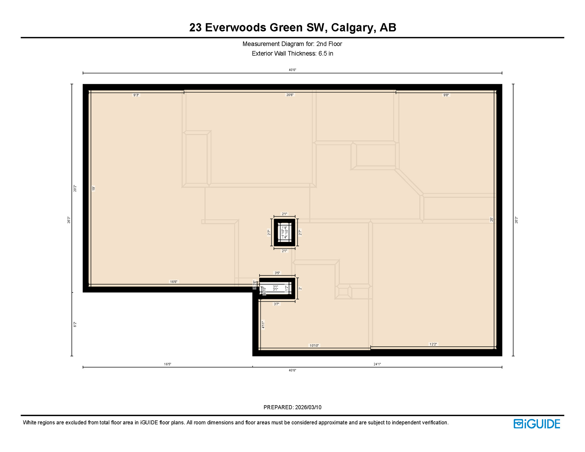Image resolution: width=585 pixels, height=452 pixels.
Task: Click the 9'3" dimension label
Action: pos(136,95)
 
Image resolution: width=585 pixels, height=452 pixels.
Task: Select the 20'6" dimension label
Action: pos(290,95)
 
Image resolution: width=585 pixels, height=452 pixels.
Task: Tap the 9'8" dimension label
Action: pos(446,95)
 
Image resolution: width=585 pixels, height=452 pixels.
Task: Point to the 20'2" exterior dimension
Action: pos(75,188)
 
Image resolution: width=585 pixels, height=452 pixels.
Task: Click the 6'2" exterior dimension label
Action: pos(75,324)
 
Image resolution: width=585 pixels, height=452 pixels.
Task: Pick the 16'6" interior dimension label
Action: pos(174,282)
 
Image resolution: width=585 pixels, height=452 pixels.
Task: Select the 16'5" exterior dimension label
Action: pos(167,364)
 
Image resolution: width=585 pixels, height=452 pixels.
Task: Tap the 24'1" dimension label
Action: pos(377,364)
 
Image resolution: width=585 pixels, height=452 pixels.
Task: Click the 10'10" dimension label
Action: pos(314,345)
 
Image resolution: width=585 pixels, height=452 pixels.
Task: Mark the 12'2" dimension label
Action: pos(433,344)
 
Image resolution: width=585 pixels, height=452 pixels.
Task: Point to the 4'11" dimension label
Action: pos(263,324)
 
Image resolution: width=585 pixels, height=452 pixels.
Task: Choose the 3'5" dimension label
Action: pos(277,273)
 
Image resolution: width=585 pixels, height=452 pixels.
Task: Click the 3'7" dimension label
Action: pos(277,304)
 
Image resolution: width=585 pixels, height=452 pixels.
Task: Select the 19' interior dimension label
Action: pos(94,188)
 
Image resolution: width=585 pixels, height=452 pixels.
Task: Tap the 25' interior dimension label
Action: pos(491,220)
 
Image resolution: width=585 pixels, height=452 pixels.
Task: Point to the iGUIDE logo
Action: pos(537,424)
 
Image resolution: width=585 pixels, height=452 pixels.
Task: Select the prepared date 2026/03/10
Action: pos(308,407)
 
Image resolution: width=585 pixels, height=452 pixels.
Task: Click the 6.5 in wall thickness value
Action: pos(326,54)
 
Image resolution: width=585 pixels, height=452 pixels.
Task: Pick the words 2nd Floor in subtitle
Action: pos(329,44)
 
